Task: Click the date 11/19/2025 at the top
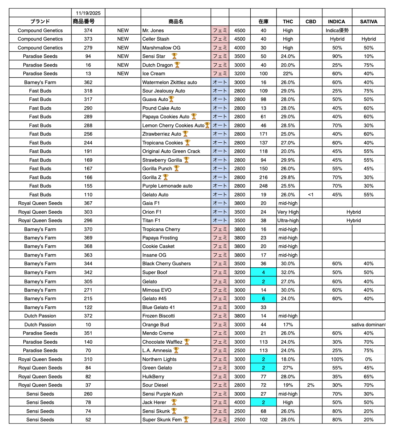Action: tap(88, 13)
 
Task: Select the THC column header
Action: tap(288, 22)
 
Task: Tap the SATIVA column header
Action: tap(368, 22)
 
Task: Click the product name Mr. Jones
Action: tap(153, 30)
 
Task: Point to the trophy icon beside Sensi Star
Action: tap(174, 56)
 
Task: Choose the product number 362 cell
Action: tap(88, 82)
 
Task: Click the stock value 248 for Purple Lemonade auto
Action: tap(263, 186)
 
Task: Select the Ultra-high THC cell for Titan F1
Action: tap(288, 220)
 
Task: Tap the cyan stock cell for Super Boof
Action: tap(263, 272)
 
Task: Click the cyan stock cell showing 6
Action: tap(263, 298)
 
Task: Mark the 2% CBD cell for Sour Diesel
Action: tap(310, 385)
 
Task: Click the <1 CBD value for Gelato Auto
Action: tap(310, 195)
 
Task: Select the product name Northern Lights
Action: tap(159, 359)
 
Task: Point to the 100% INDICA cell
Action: tap(337, 359)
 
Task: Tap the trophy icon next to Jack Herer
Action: tap(174, 402)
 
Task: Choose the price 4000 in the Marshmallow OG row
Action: tap(239, 48)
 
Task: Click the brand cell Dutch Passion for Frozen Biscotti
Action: tap(40, 316)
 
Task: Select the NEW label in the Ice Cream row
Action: tap(123, 73)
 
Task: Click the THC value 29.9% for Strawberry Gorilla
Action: tap(288, 160)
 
